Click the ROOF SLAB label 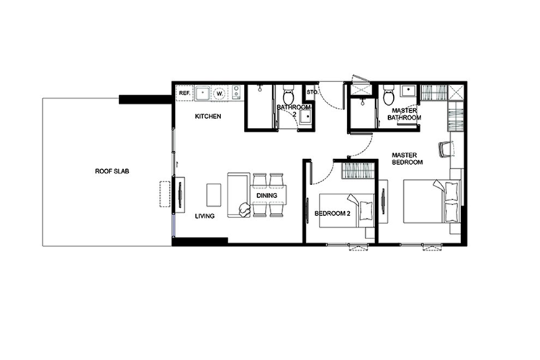click(112, 171)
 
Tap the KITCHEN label click(208, 117)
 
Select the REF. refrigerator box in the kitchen click(184, 93)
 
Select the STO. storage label click(312, 92)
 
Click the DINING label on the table click(267, 195)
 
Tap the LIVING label click(204, 216)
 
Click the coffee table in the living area click(214, 194)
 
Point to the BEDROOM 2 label click(333, 214)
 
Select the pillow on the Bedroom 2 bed click(365, 210)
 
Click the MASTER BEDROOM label click(407, 158)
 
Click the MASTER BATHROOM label click(405, 114)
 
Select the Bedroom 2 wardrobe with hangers click(358, 170)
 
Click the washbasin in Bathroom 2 click(305, 117)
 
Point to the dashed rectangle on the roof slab click(165, 194)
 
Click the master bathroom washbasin click(408, 91)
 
